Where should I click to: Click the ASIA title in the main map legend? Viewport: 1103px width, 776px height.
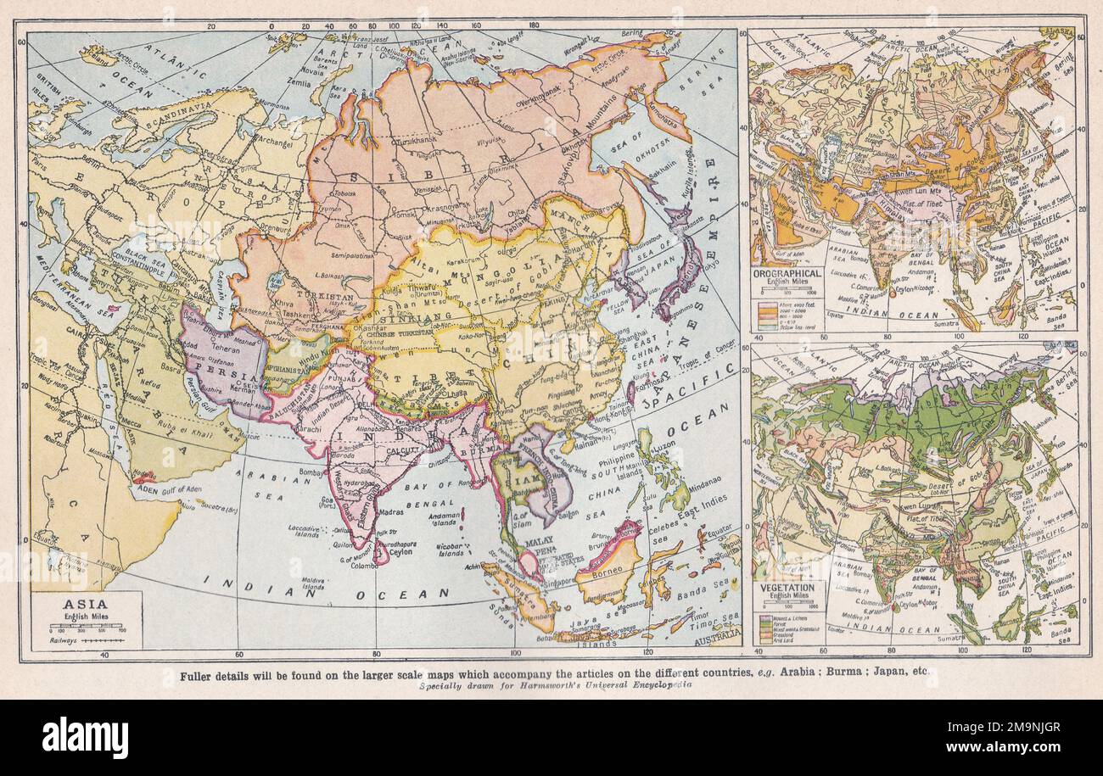85,606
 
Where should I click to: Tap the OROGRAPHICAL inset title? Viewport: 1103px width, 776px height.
787,274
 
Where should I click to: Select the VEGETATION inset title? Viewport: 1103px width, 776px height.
788,587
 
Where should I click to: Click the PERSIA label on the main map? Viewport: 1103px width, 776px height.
217,376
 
